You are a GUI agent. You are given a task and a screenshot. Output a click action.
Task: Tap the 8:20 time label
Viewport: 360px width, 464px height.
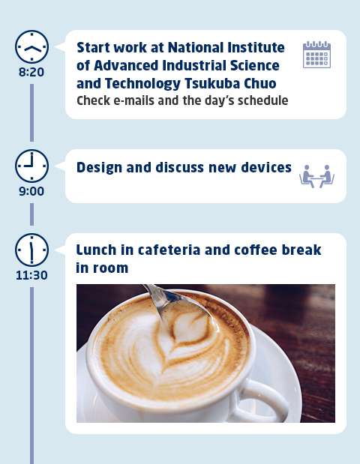click(31, 72)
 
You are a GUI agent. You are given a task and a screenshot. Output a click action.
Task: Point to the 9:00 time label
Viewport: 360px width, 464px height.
click(31, 191)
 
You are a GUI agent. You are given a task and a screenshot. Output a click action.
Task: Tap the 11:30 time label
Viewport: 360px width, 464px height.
click(31, 275)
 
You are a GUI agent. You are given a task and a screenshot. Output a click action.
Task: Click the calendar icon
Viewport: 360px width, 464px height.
click(316, 55)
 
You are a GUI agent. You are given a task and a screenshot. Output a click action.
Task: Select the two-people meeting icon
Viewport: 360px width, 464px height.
click(316, 176)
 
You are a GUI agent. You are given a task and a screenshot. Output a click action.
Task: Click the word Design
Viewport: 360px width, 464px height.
click(99, 168)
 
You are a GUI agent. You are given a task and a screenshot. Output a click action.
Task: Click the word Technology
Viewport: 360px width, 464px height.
click(142, 83)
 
